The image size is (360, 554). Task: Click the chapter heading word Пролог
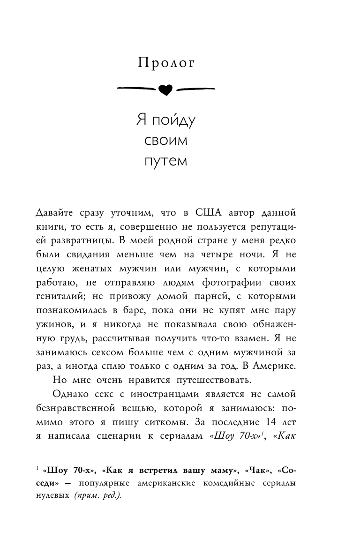166,63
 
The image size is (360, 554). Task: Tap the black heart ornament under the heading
165,89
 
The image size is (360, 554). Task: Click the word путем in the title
165,161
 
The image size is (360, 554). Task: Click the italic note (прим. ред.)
97,496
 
